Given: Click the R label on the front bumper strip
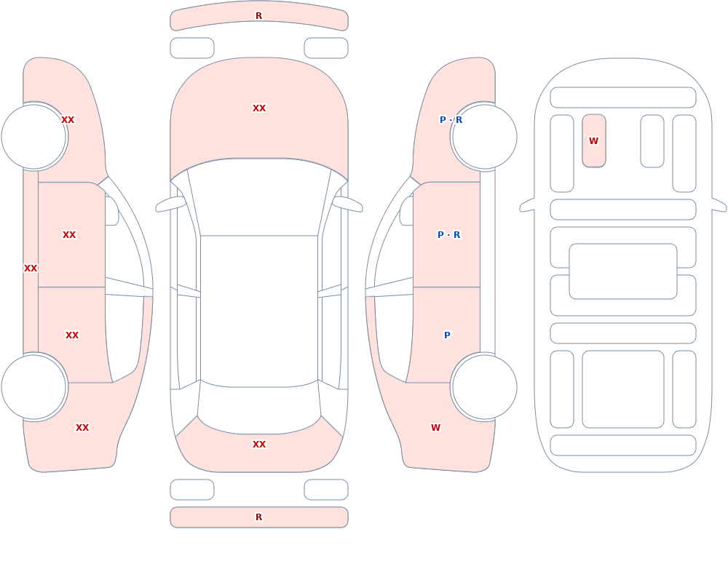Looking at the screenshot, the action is [259, 16].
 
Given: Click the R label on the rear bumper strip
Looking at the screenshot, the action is [259, 517].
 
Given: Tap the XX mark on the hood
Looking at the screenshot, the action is [259, 108].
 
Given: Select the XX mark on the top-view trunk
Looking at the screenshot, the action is [259, 445].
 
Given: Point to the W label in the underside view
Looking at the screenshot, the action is [594, 140].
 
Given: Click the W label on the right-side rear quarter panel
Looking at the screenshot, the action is [435, 428].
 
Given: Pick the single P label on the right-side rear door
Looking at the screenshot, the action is [447, 335].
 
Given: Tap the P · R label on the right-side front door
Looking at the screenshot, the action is [449, 235].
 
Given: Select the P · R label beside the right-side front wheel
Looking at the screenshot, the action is [451, 120].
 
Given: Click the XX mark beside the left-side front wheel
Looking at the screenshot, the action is [68, 120].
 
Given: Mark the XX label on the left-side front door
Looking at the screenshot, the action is [69, 235].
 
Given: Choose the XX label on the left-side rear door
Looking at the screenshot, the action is [72, 335].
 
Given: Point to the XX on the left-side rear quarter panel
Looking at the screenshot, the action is [82, 428].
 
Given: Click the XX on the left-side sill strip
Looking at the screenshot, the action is [31, 268].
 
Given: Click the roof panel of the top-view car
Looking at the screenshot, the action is [259, 311].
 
